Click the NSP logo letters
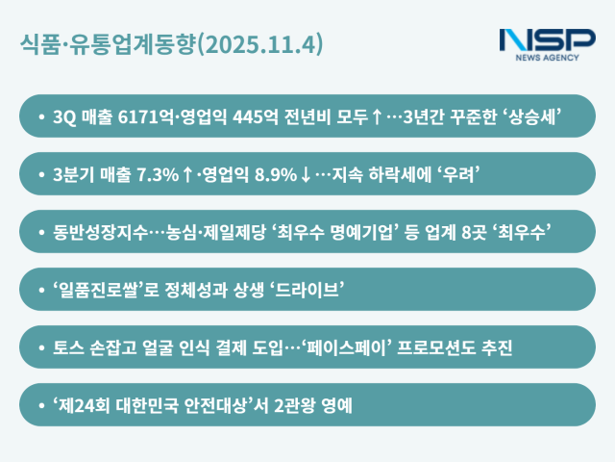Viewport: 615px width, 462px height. click(x=547, y=39)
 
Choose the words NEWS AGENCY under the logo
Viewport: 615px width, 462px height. click(x=548, y=58)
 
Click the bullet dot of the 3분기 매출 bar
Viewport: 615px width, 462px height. click(x=42, y=174)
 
